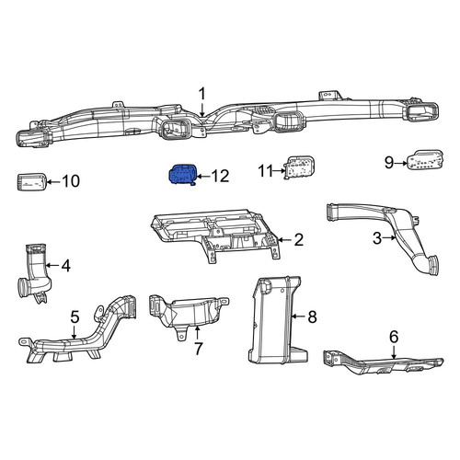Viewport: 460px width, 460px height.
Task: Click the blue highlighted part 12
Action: pyautogui.click(x=183, y=175)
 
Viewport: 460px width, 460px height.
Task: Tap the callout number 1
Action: pyautogui.click(x=202, y=94)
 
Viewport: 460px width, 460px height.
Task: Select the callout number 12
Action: pyautogui.click(x=220, y=176)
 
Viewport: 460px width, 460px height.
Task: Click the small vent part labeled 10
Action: pyautogui.click(x=31, y=182)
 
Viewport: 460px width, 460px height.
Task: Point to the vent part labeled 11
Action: pyautogui.click(x=300, y=167)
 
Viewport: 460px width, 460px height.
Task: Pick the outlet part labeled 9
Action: pyautogui.click(x=425, y=160)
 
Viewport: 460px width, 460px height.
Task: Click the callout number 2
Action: pyautogui.click(x=298, y=240)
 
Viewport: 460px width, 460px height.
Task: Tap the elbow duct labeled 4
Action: pyautogui.click(x=35, y=273)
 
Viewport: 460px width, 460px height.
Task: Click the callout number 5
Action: pyautogui.click(x=75, y=316)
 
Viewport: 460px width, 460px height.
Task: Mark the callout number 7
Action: pyautogui.click(x=198, y=349)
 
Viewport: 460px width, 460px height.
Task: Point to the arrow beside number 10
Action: pyautogui.click(x=53, y=182)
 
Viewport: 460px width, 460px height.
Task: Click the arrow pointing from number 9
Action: pyautogui.click(x=401, y=163)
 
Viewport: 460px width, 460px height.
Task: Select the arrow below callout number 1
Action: pyautogui.click(x=202, y=109)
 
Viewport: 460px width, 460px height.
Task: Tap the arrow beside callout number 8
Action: pyautogui.click(x=298, y=316)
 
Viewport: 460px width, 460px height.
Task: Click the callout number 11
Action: pyautogui.click(x=266, y=171)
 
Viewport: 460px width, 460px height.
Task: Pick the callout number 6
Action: pyautogui.click(x=394, y=337)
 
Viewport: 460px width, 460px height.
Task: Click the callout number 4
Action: pyautogui.click(x=66, y=266)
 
